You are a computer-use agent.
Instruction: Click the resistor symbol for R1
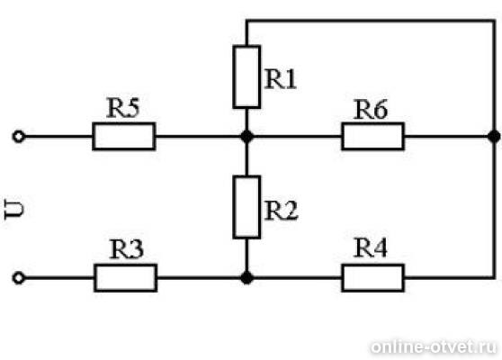[x=247, y=76]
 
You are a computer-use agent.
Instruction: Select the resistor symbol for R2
[x=247, y=207]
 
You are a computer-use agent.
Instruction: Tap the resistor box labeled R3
[x=126, y=278]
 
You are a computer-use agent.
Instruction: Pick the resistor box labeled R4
[x=373, y=278]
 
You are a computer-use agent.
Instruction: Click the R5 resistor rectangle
[x=124, y=136]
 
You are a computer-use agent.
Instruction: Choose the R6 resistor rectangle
[x=373, y=136]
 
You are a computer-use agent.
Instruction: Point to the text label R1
[x=281, y=79]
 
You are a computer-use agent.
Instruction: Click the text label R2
[x=282, y=210]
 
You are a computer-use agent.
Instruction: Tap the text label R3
[x=127, y=248]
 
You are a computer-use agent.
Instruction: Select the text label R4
[x=371, y=247]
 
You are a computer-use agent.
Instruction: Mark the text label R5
[x=123, y=108]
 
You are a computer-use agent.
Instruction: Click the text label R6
[x=371, y=109]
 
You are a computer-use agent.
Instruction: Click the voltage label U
[x=14, y=209]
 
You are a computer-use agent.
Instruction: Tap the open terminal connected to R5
[x=18, y=137]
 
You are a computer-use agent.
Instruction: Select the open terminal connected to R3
[x=18, y=278]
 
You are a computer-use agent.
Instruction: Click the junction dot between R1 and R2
[x=247, y=137]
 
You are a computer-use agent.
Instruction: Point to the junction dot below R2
[x=247, y=278]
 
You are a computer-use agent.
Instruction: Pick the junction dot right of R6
[x=494, y=137]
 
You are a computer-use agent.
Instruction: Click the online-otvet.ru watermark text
[x=434, y=346]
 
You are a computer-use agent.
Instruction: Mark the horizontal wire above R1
[x=371, y=21]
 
